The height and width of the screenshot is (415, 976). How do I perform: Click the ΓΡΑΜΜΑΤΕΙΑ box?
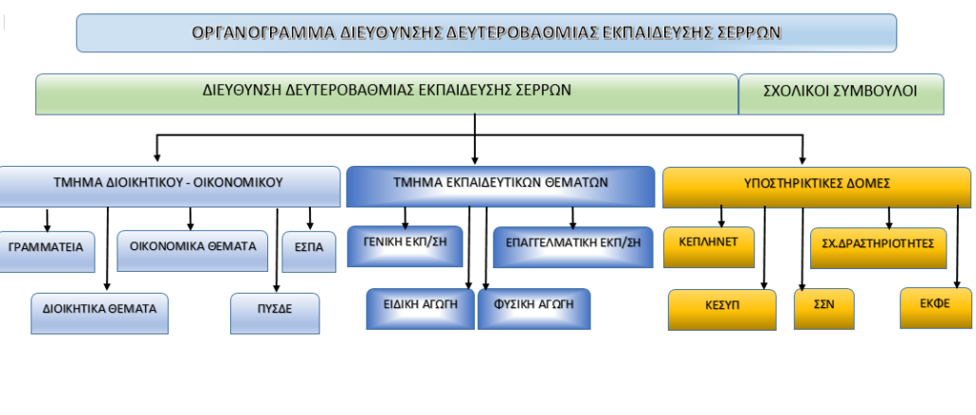(x=46, y=251)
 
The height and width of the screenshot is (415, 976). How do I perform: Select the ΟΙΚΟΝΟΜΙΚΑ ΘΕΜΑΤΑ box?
(x=192, y=251)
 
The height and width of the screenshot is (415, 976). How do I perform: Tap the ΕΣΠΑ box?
(x=309, y=251)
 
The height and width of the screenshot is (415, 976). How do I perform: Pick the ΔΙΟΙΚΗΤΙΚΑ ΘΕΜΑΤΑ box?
(x=99, y=313)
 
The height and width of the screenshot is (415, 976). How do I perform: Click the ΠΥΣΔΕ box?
(x=275, y=313)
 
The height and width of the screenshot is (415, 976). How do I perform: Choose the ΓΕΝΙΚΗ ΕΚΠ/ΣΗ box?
(x=405, y=246)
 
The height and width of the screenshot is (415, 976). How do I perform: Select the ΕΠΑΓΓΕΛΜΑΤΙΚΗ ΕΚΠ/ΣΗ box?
(x=572, y=247)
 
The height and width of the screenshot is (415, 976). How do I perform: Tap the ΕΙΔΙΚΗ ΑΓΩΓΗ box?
(x=420, y=309)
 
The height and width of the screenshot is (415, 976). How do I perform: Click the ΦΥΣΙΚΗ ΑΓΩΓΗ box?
(x=534, y=309)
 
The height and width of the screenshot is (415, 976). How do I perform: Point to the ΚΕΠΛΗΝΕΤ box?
(x=709, y=247)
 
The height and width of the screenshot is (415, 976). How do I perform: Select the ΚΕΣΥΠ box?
(x=722, y=309)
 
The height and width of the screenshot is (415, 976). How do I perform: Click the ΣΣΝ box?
(x=824, y=309)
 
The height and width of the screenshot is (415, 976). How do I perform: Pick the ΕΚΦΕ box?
(x=935, y=308)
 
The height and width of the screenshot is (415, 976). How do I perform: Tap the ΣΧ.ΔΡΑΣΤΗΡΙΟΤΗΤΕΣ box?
(x=878, y=248)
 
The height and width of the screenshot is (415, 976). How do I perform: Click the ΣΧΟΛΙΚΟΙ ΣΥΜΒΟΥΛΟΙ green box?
(x=840, y=94)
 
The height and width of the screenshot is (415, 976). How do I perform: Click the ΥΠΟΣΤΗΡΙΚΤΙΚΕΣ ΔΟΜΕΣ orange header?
(x=817, y=187)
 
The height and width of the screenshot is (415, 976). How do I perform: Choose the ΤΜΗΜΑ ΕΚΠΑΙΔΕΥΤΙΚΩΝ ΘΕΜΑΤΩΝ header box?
(x=500, y=187)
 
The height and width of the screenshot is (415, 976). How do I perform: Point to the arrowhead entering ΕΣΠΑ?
(x=310, y=226)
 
